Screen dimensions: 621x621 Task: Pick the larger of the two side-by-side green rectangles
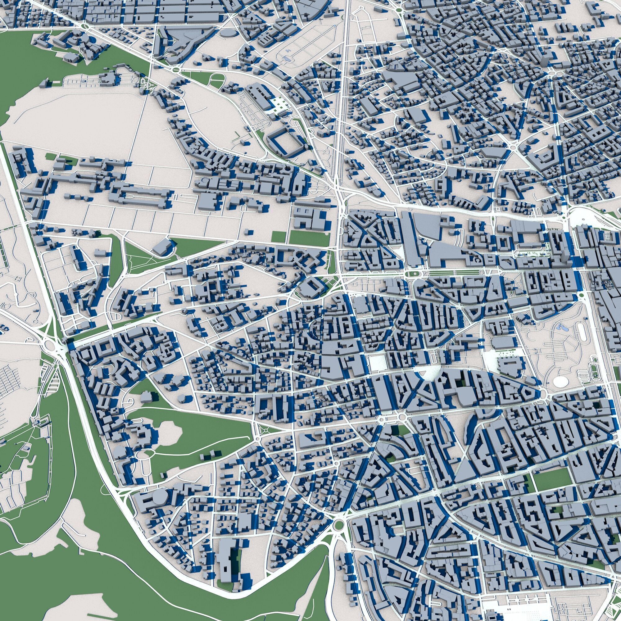pyautogui.click(x=309, y=238)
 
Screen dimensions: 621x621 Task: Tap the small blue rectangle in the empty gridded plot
pyautogui.click(x=286, y=59)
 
